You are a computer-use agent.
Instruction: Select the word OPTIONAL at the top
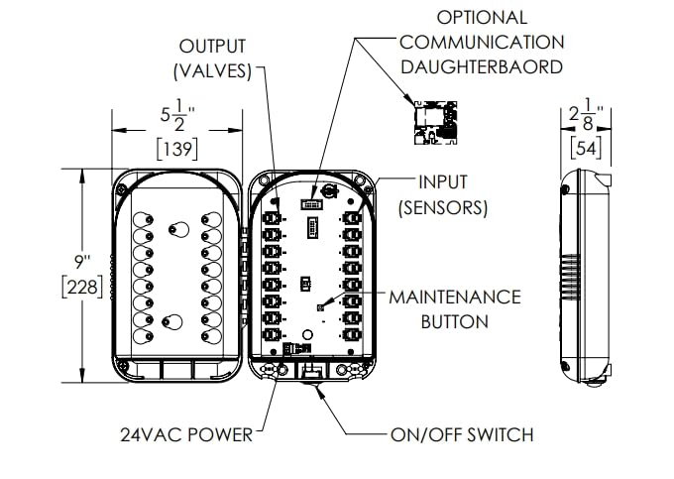(483, 18)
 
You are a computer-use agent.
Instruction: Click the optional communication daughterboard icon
(437, 121)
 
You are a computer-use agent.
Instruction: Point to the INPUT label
(442, 183)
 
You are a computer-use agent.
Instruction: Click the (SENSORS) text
(442, 207)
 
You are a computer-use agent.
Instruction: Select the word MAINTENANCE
(454, 298)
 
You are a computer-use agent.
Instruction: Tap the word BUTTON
(454, 321)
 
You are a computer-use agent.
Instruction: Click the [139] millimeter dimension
(175, 149)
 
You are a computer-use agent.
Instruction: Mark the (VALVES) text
(212, 71)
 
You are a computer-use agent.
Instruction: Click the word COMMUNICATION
(483, 43)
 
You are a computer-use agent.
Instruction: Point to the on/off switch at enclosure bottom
(310, 372)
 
